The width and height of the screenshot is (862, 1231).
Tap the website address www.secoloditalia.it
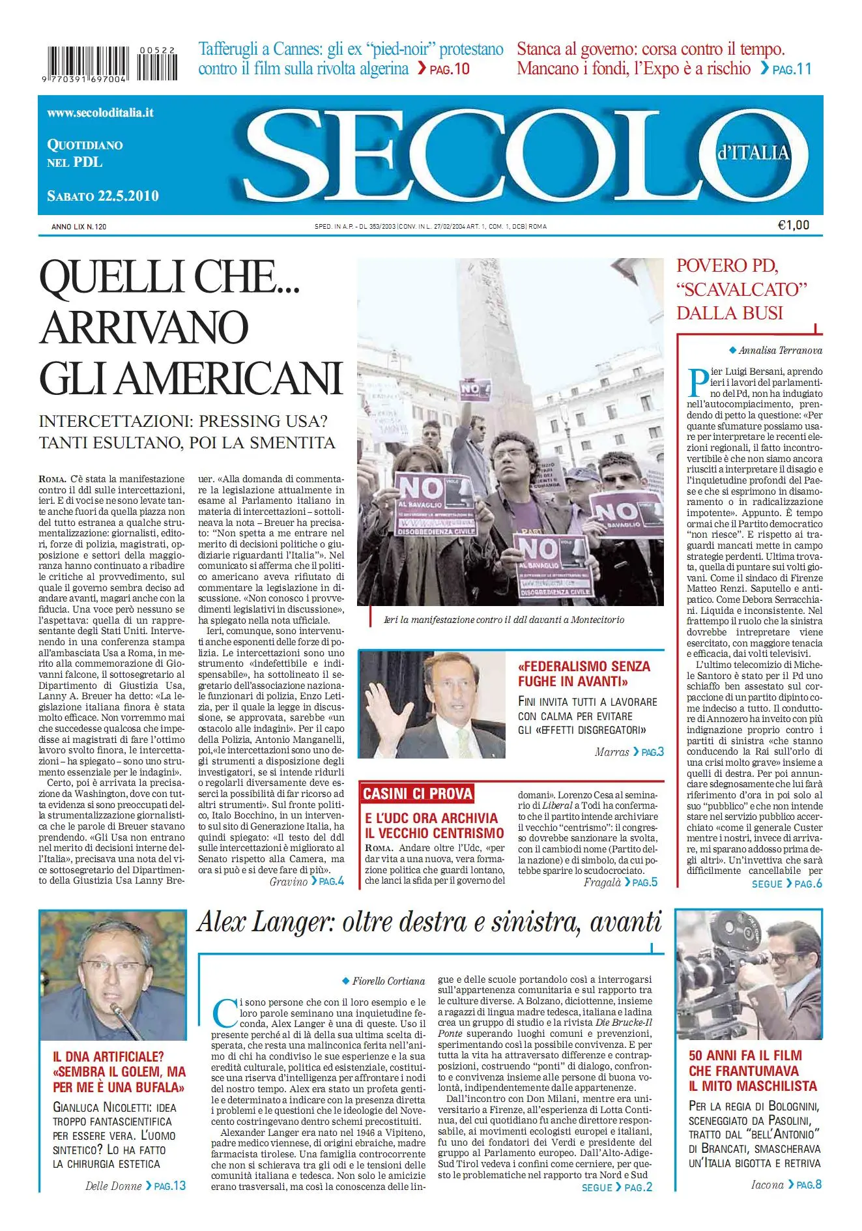[100, 112]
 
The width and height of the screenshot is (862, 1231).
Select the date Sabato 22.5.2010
[103, 196]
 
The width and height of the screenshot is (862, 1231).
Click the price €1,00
[794, 225]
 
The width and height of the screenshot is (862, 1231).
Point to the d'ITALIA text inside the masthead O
[753, 153]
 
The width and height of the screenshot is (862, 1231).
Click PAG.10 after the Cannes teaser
[450, 69]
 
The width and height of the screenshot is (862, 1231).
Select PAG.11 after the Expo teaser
[792, 69]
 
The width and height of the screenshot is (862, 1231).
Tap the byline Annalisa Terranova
[780, 351]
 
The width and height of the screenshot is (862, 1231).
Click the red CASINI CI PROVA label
[418, 794]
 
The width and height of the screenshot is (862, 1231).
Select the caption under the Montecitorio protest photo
[504, 620]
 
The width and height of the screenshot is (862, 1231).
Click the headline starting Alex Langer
[429, 922]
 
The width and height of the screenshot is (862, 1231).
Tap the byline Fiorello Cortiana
[388, 981]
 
